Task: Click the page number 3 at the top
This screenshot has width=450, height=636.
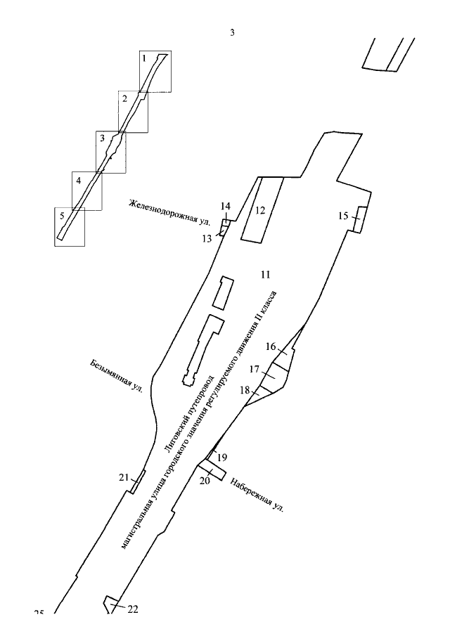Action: click(231, 33)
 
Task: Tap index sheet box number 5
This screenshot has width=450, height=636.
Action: click(70, 226)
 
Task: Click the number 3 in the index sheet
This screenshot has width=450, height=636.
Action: click(102, 138)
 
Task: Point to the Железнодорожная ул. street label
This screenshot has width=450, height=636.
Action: click(169, 212)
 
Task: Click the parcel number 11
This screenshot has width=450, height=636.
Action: click(264, 273)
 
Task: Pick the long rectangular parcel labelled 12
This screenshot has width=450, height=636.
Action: click(262, 209)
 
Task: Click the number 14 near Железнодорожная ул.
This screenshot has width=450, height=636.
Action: click(225, 206)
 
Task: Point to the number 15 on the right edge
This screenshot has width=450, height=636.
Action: click(343, 216)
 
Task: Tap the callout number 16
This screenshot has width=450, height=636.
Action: click(271, 347)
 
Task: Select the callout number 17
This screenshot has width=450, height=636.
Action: click(255, 369)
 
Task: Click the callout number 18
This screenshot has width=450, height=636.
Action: click(246, 390)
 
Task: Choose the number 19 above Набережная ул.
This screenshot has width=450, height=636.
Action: click(222, 457)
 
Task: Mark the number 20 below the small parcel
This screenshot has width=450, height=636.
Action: click(205, 481)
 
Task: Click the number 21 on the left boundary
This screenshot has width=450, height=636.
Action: click(124, 478)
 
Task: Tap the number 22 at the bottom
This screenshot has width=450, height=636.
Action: click(132, 609)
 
